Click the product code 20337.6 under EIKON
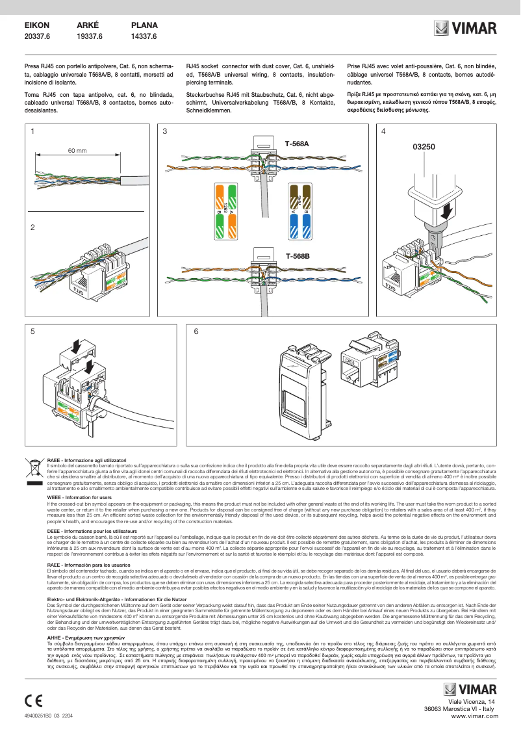click(37, 37)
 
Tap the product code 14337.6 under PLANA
click(144, 37)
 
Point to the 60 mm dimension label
click(77, 151)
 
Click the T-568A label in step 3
click(297, 143)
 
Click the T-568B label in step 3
click(297, 255)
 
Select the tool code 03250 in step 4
click(424, 147)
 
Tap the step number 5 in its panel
click(33, 331)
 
